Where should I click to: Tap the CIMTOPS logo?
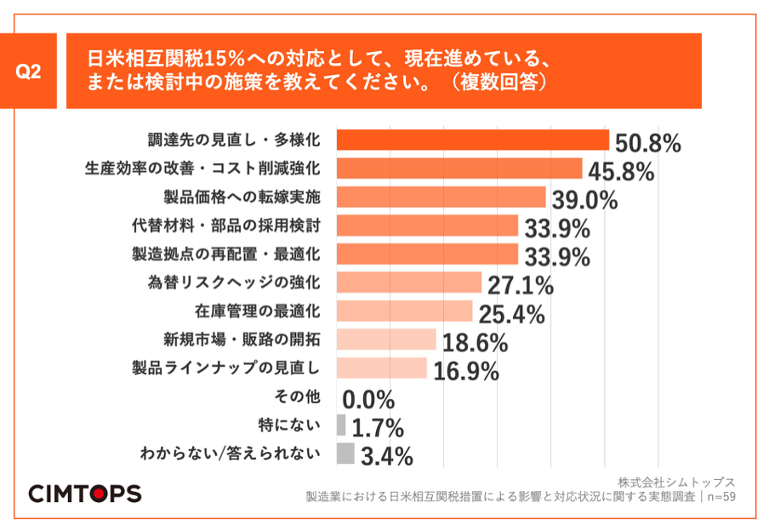[85, 493]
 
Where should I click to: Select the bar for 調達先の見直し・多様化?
[473, 140]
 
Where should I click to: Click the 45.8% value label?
[618, 172]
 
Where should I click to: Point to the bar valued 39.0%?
[441, 197]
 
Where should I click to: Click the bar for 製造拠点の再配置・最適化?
[427, 254]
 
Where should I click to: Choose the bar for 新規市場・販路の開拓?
[386, 340]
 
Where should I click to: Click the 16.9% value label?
[465, 372]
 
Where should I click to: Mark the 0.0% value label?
[368, 399]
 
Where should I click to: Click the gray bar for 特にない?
[341, 425]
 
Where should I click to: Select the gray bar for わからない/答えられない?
[345, 454]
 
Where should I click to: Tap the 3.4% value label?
[386, 457]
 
